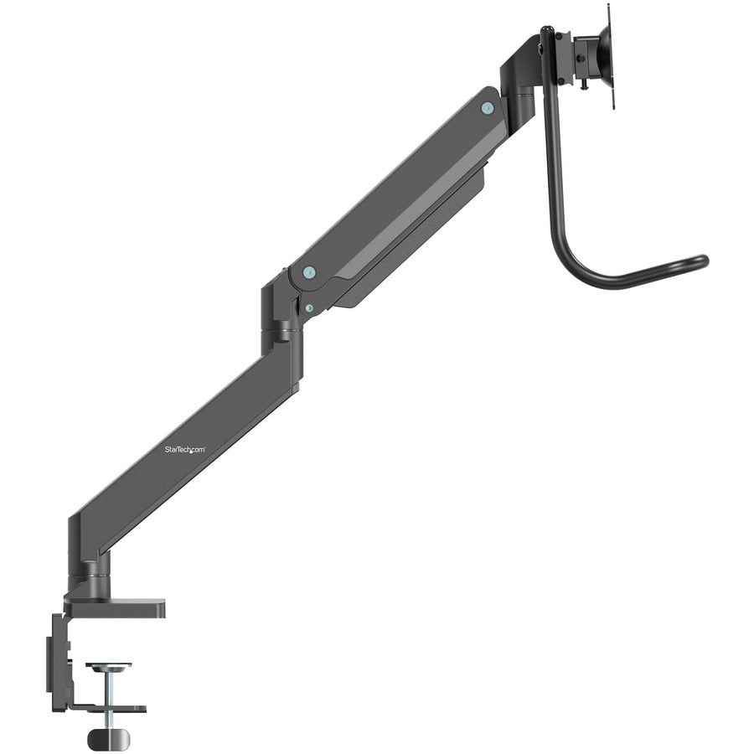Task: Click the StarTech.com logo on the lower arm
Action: pos(184,450)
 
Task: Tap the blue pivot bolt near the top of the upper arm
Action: pos(487,107)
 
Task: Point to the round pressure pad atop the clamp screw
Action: pos(109,668)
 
